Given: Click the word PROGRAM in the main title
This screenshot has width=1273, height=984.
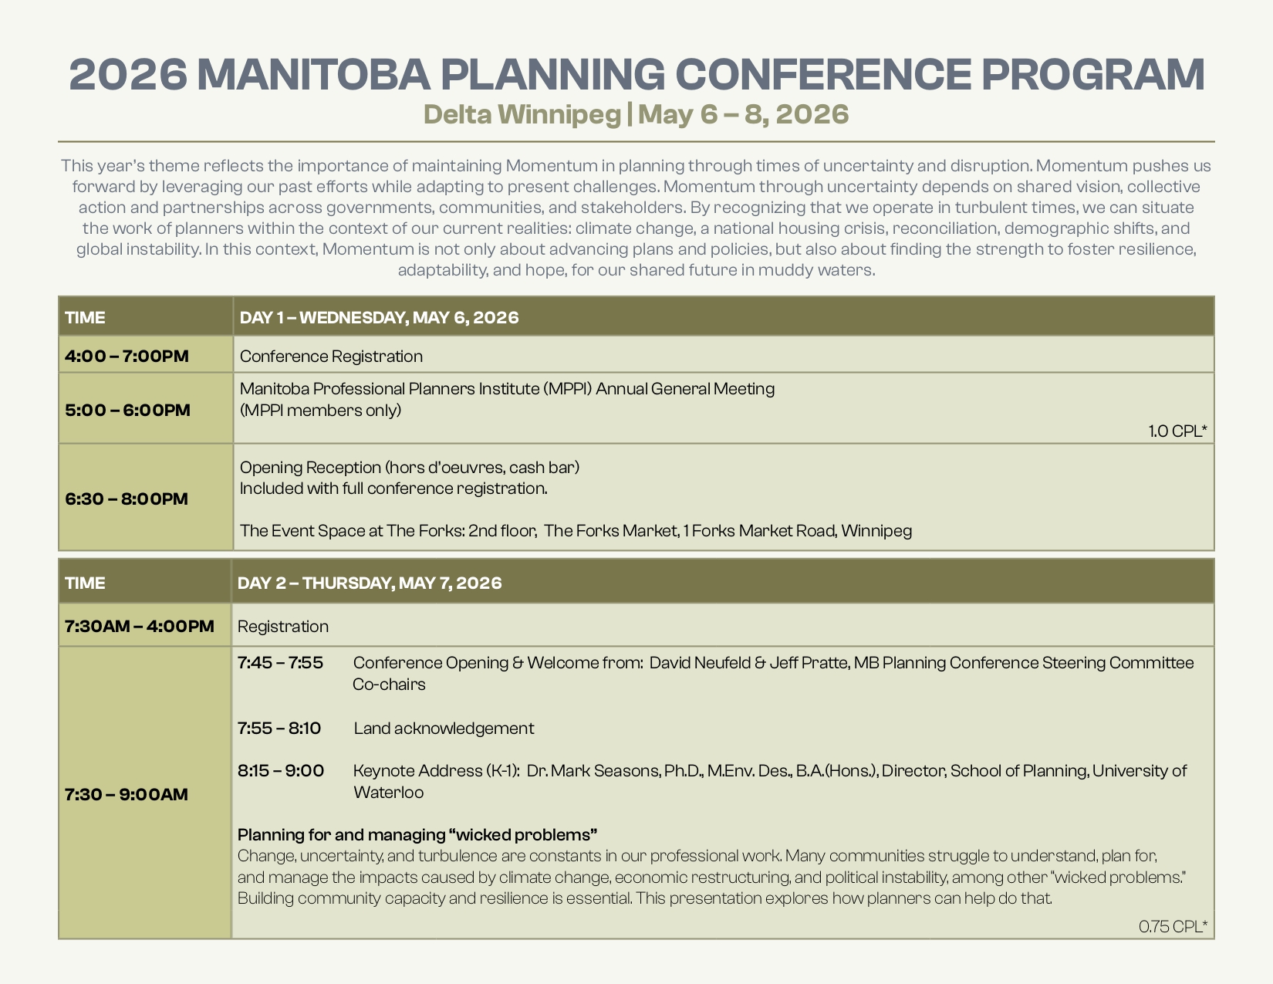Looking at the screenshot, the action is click(x=1092, y=75).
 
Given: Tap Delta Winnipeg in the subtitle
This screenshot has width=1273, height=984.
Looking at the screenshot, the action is click(x=522, y=114).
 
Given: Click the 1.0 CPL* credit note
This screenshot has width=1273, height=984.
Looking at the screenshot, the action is click(x=1177, y=431).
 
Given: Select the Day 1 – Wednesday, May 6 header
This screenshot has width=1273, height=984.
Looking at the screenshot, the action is click(x=379, y=318).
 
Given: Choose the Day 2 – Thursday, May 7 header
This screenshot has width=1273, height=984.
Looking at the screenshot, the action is click(x=370, y=583).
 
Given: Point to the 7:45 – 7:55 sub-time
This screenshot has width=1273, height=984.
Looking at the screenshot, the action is click(x=280, y=662).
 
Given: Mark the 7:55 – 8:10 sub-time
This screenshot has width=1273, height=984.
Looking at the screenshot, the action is click(x=279, y=728).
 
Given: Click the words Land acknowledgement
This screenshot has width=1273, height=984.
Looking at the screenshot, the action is click(x=444, y=728).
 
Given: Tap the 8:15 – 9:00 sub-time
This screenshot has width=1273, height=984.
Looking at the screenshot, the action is click(x=281, y=770).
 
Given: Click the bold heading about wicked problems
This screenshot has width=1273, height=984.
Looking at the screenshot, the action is click(x=417, y=834).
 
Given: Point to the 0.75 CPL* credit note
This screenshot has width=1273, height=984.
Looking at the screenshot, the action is click(x=1173, y=926).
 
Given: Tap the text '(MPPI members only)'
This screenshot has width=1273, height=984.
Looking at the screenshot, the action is click(x=320, y=411).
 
